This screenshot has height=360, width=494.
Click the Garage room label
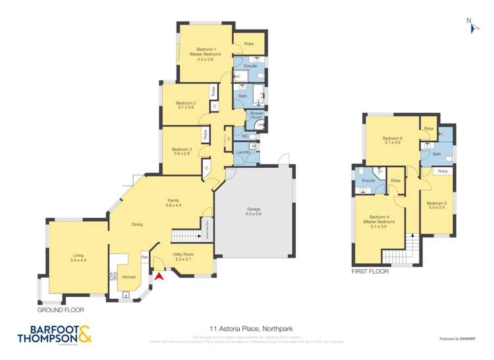[254, 209]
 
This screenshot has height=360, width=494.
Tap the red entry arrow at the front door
[157, 277]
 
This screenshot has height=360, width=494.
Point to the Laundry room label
[243, 153]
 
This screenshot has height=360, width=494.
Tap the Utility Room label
[182, 253]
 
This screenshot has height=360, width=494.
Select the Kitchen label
[129, 277]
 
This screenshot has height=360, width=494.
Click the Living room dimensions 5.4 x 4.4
[78, 261]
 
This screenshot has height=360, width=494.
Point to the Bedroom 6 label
[393, 138]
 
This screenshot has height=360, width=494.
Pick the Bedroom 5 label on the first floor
[436, 203]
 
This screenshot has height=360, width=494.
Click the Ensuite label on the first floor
[368, 180]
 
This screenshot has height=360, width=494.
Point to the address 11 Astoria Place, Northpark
[247, 328]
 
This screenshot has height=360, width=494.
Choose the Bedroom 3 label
[182, 149]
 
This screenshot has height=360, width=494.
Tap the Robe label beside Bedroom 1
[249, 44]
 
